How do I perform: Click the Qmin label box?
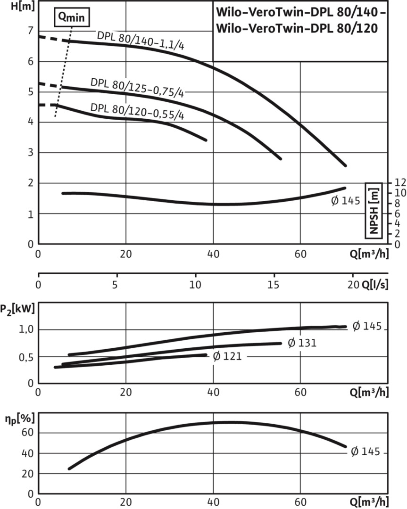71,18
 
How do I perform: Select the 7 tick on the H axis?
31,31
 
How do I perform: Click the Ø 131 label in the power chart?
301,343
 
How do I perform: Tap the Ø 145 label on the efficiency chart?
365,452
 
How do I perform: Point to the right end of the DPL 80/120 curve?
206,140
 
